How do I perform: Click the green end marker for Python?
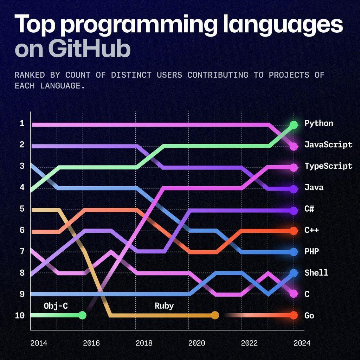(294, 124)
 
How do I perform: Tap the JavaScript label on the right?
(328, 145)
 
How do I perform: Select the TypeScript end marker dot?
(294, 167)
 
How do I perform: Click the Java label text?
(314, 187)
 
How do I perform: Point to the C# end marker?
(294, 210)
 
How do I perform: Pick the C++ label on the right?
(311, 230)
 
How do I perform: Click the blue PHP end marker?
(294, 252)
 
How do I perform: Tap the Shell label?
(316, 273)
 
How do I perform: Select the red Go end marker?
(294, 315)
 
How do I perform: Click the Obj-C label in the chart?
(56, 306)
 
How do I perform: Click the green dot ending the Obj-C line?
(82, 315)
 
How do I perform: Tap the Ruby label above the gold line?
(164, 306)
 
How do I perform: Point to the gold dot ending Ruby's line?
(215, 315)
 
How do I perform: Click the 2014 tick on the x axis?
(38, 343)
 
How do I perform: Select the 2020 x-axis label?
(197, 343)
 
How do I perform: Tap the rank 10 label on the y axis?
(20, 315)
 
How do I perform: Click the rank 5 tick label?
(22, 209)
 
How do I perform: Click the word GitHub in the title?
(89, 50)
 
